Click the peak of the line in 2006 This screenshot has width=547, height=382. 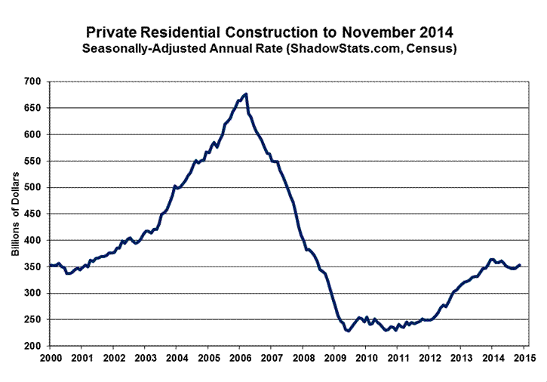(247, 94)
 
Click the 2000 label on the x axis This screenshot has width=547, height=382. (50, 357)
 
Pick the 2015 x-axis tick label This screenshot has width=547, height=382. (525, 357)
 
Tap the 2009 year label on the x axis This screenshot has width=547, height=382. (335, 357)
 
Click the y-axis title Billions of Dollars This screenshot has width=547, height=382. (15, 214)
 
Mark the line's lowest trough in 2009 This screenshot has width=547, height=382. (349, 331)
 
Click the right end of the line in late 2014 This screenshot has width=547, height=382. (520, 265)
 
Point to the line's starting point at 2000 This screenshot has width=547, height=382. (50, 265)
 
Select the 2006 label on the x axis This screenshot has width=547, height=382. (240, 357)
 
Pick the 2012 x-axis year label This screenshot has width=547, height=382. (430, 357)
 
